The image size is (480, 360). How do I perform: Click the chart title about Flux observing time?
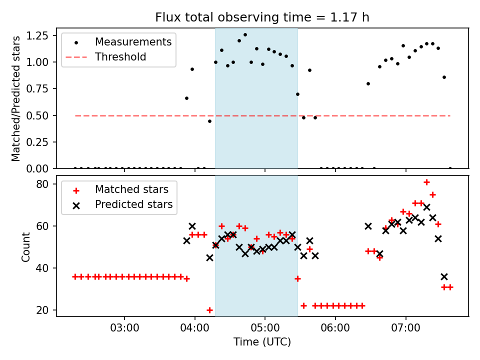[x=262, y=17]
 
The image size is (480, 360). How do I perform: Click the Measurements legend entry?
[x=133, y=41]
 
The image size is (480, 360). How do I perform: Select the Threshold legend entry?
[x=120, y=57]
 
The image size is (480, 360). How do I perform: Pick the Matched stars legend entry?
[x=131, y=189]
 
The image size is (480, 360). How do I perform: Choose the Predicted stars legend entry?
[x=133, y=204]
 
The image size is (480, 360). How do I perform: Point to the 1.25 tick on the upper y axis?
[x=43, y=35]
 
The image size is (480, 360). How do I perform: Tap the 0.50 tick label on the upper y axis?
[x=43, y=115]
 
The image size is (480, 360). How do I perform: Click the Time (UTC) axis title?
[x=262, y=342]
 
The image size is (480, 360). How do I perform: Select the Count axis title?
[x=26, y=246]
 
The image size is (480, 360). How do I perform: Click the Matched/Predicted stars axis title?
[x=16, y=98]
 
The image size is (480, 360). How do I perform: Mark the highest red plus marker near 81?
[x=426, y=182]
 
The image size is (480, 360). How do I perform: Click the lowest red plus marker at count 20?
[x=209, y=310]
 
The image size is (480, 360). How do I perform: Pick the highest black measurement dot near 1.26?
[x=245, y=35]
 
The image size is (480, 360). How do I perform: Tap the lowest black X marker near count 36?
[x=444, y=276]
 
